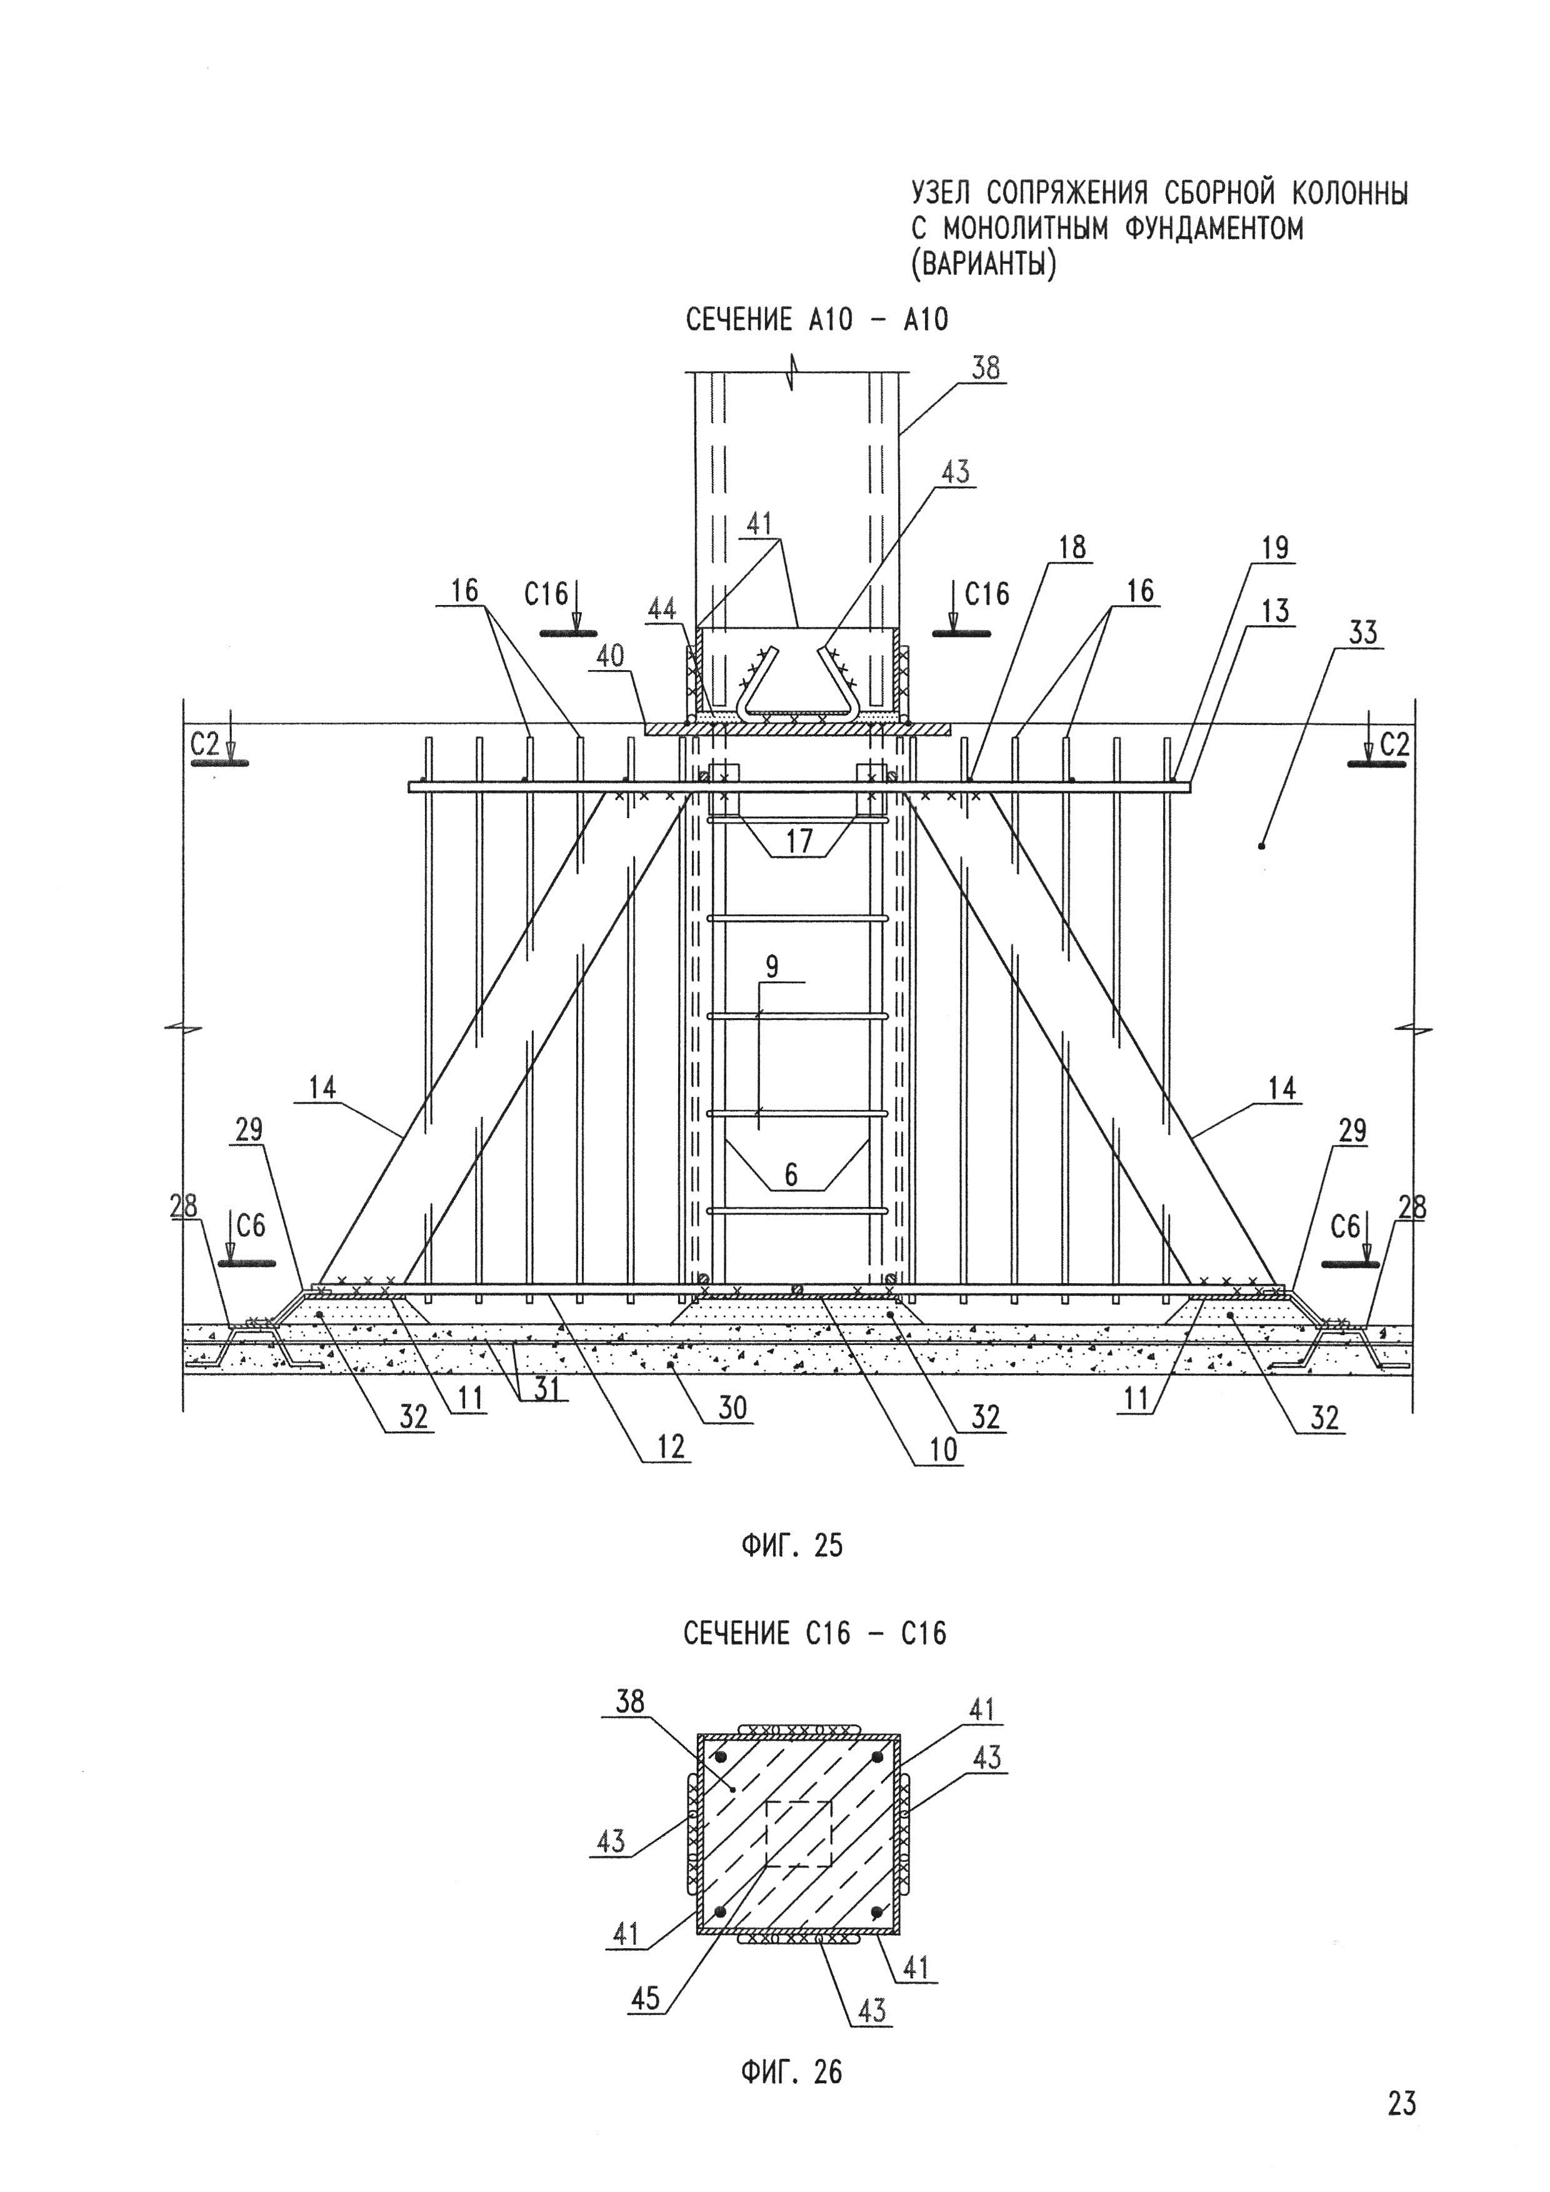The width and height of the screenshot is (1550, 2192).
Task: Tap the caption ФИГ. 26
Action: [x=792, y=2072]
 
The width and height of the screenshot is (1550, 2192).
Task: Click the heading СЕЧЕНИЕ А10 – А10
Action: [x=817, y=319]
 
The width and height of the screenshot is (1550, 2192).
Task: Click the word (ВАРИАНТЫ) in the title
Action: [x=984, y=264]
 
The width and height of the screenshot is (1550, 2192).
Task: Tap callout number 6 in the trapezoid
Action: [x=791, y=1174]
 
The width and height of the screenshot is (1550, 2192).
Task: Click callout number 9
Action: [x=772, y=966]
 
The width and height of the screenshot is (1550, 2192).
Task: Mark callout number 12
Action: [x=671, y=1448]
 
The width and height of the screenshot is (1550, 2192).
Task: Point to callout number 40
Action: [x=611, y=656]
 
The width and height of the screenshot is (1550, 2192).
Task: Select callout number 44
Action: [x=663, y=608]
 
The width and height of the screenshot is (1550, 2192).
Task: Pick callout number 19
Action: [x=1275, y=548]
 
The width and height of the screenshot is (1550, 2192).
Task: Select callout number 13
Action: [x=1275, y=610]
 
